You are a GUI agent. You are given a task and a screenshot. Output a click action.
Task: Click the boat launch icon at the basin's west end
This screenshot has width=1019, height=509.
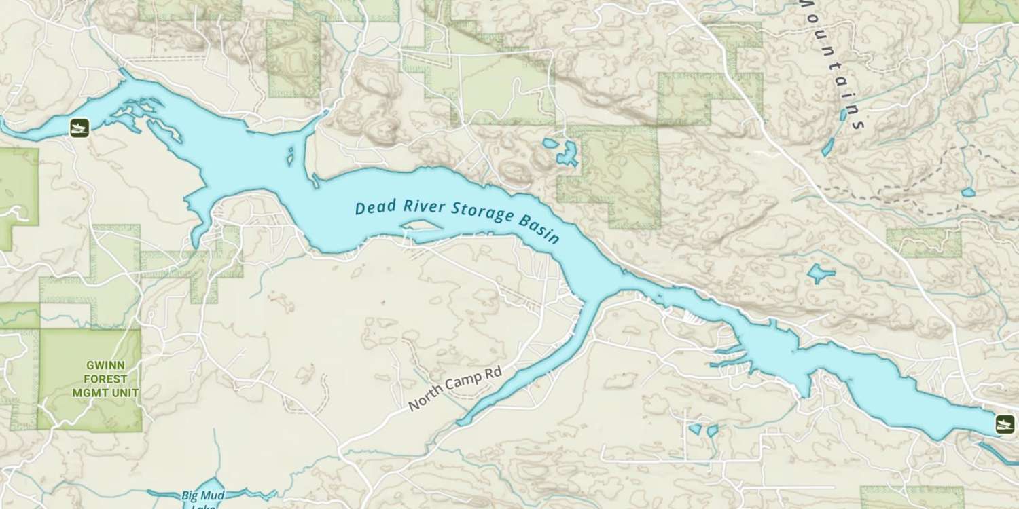click(x=79, y=128)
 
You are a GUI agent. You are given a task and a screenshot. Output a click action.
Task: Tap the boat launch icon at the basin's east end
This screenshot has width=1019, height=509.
click(x=1003, y=424)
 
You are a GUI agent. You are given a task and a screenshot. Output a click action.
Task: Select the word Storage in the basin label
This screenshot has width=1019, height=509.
click(x=484, y=214)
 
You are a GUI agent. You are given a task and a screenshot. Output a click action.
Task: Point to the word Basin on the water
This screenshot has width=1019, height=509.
click(x=541, y=227)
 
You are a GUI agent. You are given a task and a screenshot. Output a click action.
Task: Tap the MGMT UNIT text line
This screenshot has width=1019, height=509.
click(x=105, y=393)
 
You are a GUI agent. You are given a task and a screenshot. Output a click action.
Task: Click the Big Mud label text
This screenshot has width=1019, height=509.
click(x=203, y=495)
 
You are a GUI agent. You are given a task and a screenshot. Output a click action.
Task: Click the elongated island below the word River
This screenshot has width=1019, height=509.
click(x=423, y=225)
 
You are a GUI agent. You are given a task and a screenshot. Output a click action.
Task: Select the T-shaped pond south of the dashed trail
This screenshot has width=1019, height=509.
click(x=821, y=274)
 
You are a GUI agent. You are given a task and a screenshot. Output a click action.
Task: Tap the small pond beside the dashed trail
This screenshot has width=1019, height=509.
click(x=968, y=193)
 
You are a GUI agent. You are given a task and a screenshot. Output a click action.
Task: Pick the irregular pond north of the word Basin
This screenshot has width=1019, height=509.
click(x=564, y=152)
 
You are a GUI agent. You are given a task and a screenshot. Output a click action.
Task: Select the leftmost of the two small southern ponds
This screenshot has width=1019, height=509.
click(x=695, y=429)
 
